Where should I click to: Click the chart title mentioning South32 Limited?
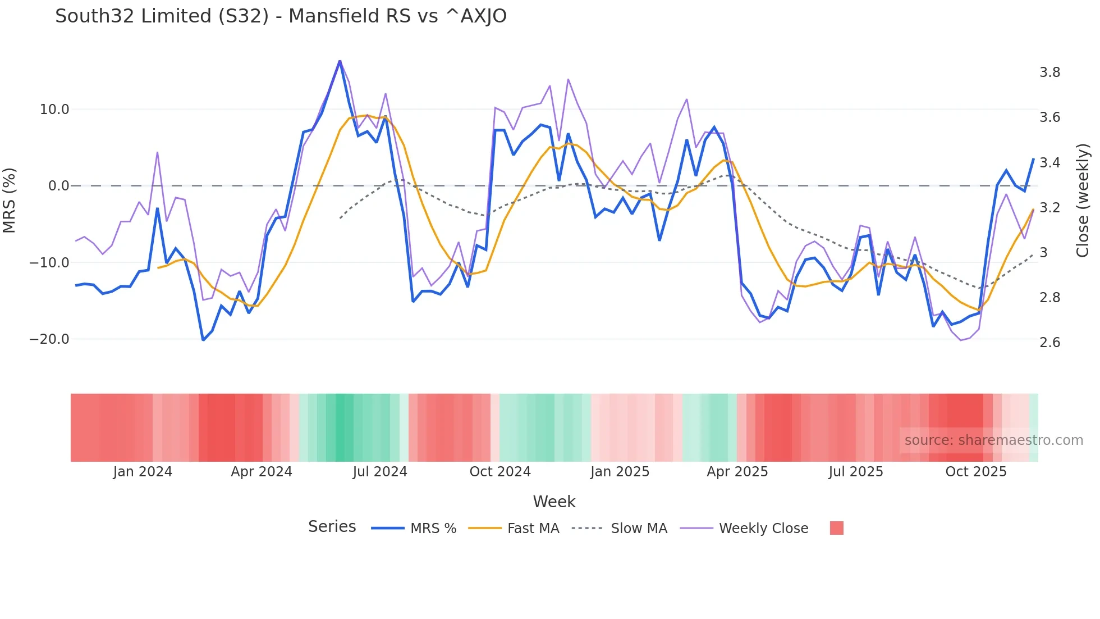pyautogui.click(x=281, y=16)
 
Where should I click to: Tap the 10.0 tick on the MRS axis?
pyautogui.click(x=54, y=110)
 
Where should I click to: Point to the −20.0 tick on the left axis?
pyautogui.click(x=49, y=339)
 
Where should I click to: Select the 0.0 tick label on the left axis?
pyautogui.click(x=59, y=186)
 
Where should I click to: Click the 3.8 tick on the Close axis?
pyautogui.click(x=1049, y=72)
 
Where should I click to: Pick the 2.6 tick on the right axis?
pyautogui.click(x=1049, y=343)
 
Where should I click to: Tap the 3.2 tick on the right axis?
pyautogui.click(x=1049, y=208)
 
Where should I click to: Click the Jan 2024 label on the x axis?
pyautogui.click(x=143, y=472)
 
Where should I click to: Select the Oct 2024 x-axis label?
pyautogui.click(x=500, y=472)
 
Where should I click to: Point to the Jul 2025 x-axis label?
pyautogui.click(x=856, y=472)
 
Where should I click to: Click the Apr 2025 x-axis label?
pyautogui.click(x=737, y=472)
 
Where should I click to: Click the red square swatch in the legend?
pyautogui.click(x=836, y=528)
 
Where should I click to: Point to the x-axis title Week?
pyautogui.click(x=554, y=502)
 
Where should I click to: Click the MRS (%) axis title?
pyautogui.click(x=10, y=201)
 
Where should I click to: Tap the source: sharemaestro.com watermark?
pyautogui.click(x=993, y=440)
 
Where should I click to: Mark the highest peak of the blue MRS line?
pyautogui.click(x=340, y=61)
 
